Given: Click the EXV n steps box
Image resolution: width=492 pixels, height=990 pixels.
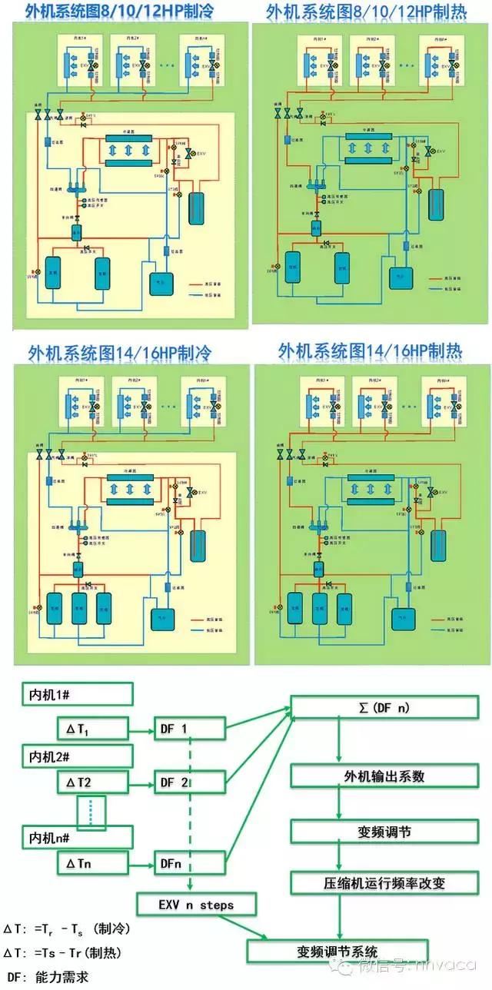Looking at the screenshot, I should (x=196, y=905).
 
